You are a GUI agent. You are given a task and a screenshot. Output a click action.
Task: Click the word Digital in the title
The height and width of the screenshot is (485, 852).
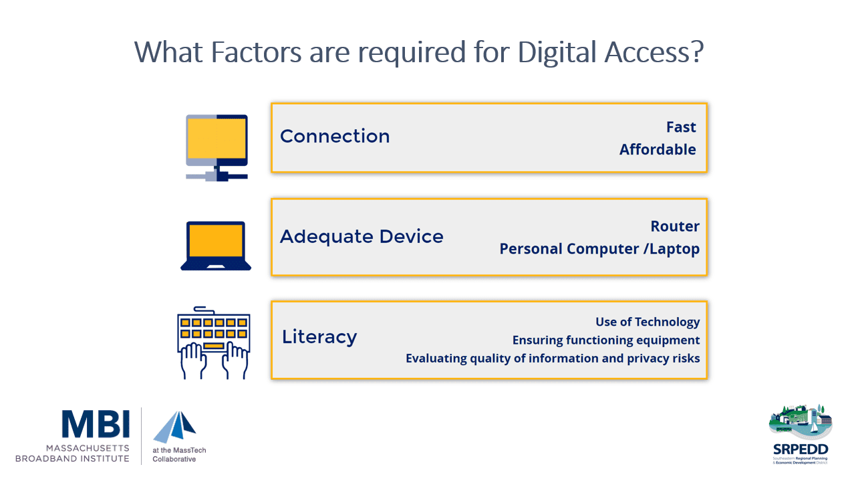point(557,53)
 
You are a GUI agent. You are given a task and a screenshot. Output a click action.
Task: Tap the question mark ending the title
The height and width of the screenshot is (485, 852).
point(697,52)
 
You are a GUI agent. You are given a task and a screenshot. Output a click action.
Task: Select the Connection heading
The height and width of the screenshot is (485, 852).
point(335,136)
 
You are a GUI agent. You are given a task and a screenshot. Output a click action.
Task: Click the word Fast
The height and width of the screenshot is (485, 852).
point(681,127)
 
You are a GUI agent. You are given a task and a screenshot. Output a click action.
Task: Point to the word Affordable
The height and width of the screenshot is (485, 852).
point(658,149)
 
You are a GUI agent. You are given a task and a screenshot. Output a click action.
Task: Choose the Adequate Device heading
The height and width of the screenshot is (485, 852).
point(362,237)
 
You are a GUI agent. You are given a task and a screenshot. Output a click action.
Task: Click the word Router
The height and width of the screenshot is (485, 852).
point(675,226)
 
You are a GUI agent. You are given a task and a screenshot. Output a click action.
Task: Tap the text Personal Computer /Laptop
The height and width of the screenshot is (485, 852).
point(599,249)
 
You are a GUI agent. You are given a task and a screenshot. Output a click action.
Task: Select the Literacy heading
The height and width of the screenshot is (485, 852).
point(319,337)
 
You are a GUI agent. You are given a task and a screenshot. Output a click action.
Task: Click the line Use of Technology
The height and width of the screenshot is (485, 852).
point(648,322)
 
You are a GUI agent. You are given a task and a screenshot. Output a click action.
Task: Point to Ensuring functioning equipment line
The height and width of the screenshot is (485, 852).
point(606,341)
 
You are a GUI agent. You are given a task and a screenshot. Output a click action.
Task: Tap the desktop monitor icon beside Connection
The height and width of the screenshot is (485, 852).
point(217,148)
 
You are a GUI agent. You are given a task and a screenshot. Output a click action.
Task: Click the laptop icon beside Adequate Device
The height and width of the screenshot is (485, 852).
point(216,246)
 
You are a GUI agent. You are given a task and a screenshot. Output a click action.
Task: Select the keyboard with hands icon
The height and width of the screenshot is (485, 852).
point(214,343)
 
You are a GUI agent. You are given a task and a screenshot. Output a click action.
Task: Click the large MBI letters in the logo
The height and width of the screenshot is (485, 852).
point(96,423)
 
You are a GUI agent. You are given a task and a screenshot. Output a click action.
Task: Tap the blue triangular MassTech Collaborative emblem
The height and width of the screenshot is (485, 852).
point(174,427)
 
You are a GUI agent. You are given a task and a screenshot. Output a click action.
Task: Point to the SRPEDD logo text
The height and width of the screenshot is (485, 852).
point(801,450)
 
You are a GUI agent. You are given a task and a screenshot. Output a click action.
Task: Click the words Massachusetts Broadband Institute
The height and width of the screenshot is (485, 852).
point(73,454)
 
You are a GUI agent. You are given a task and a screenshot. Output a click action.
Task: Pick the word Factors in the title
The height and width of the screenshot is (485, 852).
point(257,52)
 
